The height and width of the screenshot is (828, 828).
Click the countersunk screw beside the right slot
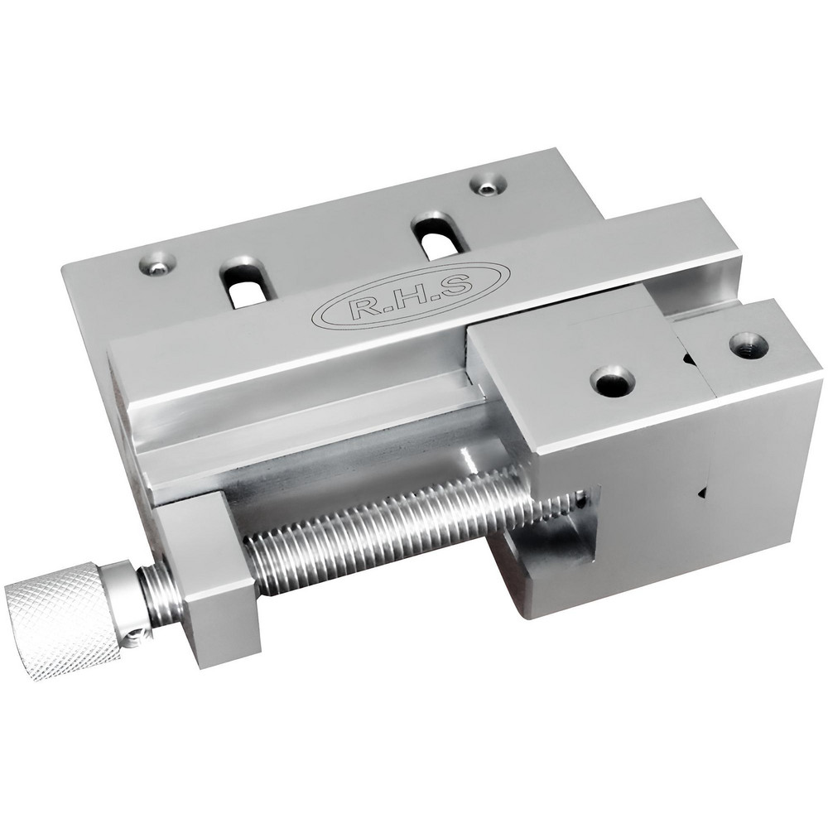(x=489, y=185)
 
